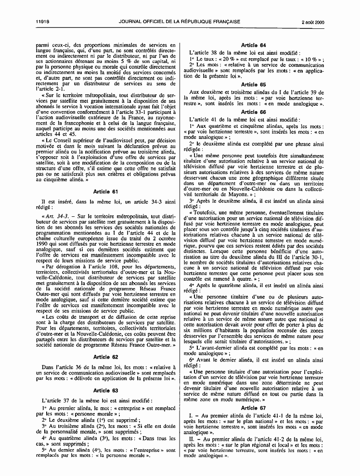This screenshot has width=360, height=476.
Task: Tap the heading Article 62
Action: [x=108, y=356]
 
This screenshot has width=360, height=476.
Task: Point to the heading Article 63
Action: [x=108, y=390]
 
